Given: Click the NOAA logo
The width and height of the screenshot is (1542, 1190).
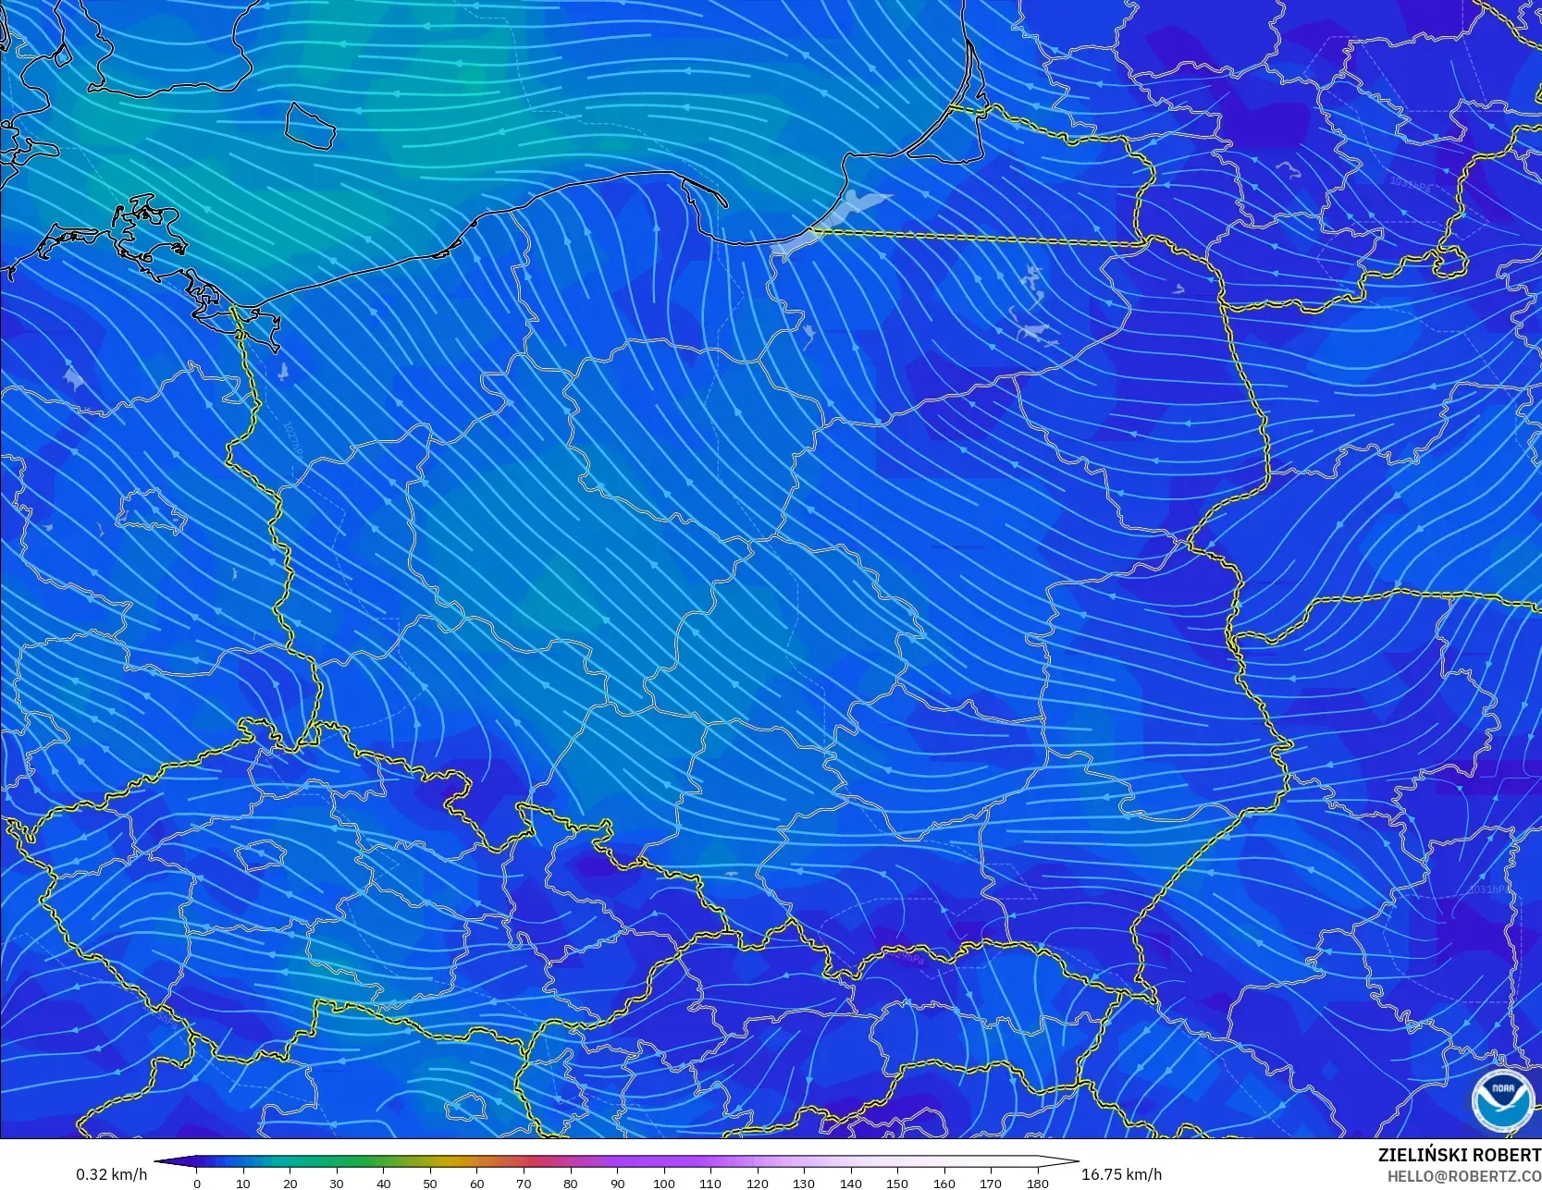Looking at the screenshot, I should coord(1503,1099).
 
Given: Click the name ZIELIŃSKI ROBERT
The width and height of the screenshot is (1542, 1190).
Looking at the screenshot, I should coord(1459,1155).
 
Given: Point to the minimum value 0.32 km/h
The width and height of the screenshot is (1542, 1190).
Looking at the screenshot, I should coord(111,1174).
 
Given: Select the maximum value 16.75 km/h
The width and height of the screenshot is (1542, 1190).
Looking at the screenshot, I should coord(1121,1174).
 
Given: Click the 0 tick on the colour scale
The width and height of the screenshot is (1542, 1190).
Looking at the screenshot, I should coord(196,1183).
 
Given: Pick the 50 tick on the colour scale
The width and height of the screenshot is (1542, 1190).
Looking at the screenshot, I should coord(430,1183).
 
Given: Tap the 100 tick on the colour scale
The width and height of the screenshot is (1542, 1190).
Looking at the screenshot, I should coord(663,1183).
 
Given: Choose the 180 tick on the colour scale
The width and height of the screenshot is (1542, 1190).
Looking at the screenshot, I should coord(1037,1183).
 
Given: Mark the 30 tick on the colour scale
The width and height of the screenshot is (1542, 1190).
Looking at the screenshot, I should coord(337,1183).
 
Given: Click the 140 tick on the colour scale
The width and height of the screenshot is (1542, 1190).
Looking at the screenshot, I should coord(850,1183).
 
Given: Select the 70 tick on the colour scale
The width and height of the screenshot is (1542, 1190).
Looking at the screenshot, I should coord(524,1183).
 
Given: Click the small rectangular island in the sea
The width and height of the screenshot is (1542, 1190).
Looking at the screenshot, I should coord(309,125).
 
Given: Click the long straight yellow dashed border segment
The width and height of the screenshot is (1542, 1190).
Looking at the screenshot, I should coord(981,238).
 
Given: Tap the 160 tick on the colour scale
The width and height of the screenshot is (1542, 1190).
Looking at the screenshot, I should coord(944,1183).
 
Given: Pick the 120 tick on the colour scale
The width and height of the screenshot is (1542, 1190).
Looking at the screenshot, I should coord(757,1183).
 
